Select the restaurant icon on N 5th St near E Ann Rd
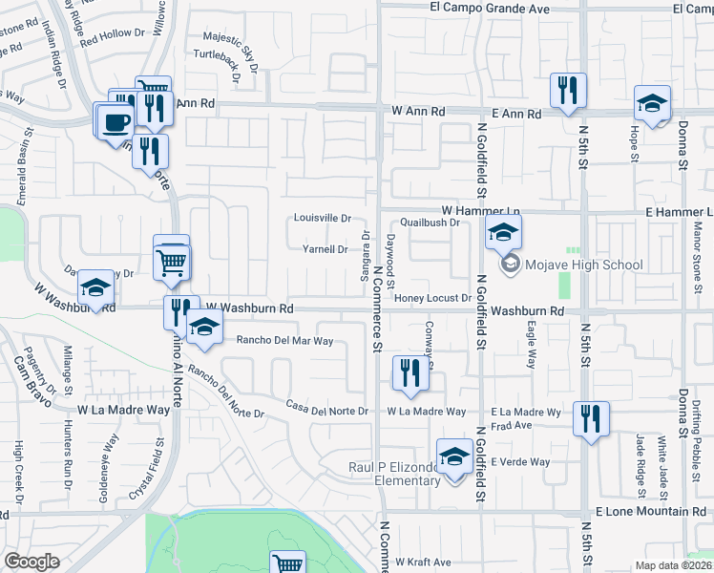pos(567,92)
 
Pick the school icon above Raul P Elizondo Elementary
pos(454,456)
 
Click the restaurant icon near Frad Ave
pos(591,418)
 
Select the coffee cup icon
pos(116,121)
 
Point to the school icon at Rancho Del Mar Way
pos(203,328)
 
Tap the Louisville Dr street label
pos(323,218)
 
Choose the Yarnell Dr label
pos(325,249)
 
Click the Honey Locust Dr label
pos(433,298)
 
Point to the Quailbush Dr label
pos(430,223)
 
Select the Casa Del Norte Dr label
pos(327,409)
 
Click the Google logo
pos(31,562)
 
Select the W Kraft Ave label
pos(423,562)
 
